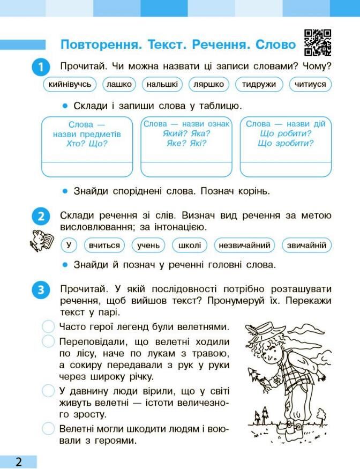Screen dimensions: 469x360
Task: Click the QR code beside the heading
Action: coord(317,42)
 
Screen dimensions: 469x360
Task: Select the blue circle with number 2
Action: coord(41,218)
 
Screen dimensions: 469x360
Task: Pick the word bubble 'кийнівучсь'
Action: coord(70,84)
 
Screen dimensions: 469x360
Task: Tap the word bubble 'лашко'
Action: coord(119,84)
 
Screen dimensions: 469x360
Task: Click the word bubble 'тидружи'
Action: coord(259,84)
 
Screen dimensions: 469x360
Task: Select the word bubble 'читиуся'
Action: coord(310,84)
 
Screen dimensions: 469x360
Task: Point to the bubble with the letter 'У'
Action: coord(68,245)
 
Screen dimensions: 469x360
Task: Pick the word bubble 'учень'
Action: coord(148,245)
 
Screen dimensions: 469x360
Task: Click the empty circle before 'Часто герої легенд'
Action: coord(49,326)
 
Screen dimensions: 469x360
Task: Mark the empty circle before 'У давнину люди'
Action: coord(49,390)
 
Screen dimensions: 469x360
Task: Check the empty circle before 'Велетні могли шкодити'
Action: coord(49,428)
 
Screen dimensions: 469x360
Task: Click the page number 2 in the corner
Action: coord(19,461)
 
